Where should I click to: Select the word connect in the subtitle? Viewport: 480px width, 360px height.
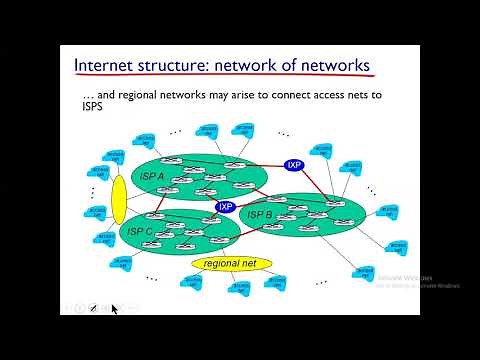(309, 95)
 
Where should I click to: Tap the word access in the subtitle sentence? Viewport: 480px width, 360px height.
(357, 95)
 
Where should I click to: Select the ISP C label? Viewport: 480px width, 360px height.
(140, 231)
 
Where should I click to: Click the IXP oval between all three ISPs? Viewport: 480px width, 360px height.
(225, 207)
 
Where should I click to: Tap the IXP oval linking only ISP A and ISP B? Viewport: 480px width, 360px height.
(294, 164)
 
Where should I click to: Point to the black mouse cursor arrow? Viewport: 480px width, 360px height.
(114, 310)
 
